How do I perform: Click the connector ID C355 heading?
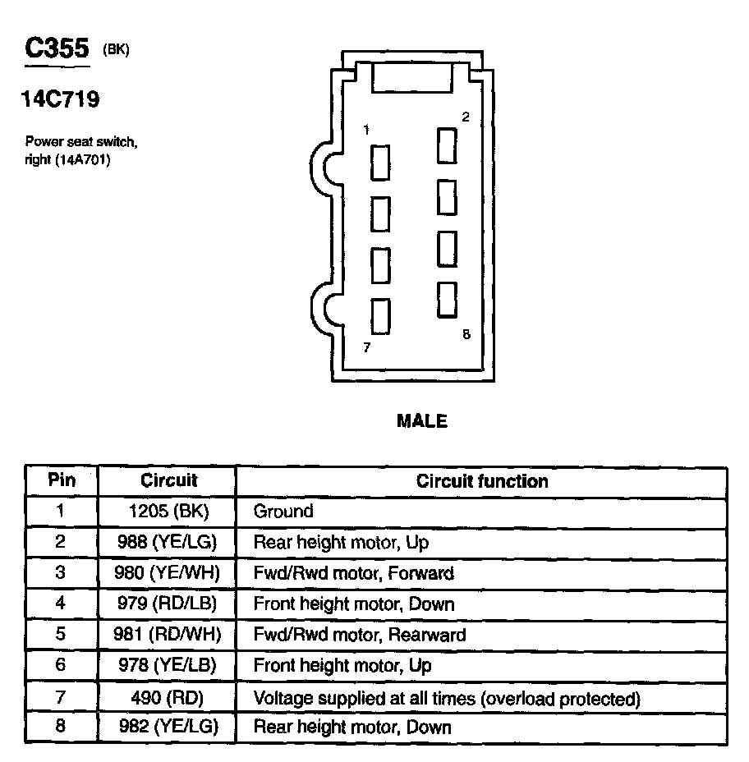(x=56, y=48)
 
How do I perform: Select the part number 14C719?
(x=60, y=100)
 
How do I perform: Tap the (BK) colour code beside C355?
(x=116, y=50)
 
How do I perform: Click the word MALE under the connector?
(x=421, y=421)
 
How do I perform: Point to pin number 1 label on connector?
(x=366, y=130)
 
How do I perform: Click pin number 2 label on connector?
(x=465, y=117)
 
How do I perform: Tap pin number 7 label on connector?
(x=366, y=347)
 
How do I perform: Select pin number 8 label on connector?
(x=466, y=334)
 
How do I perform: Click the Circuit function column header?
(x=482, y=480)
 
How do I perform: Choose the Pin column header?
(x=62, y=480)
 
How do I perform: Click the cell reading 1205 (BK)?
(x=168, y=512)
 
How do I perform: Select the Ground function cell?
(x=283, y=512)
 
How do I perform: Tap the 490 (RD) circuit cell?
(x=168, y=699)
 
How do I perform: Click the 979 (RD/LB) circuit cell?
(x=168, y=605)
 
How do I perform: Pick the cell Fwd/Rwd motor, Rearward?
(x=360, y=636)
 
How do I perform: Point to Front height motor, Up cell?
(x=342, y=666)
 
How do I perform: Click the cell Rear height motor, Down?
(x=352, y=728)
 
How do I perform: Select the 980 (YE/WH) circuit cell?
(x=168, y=573)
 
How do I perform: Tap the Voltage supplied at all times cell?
(x=447, y=699)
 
